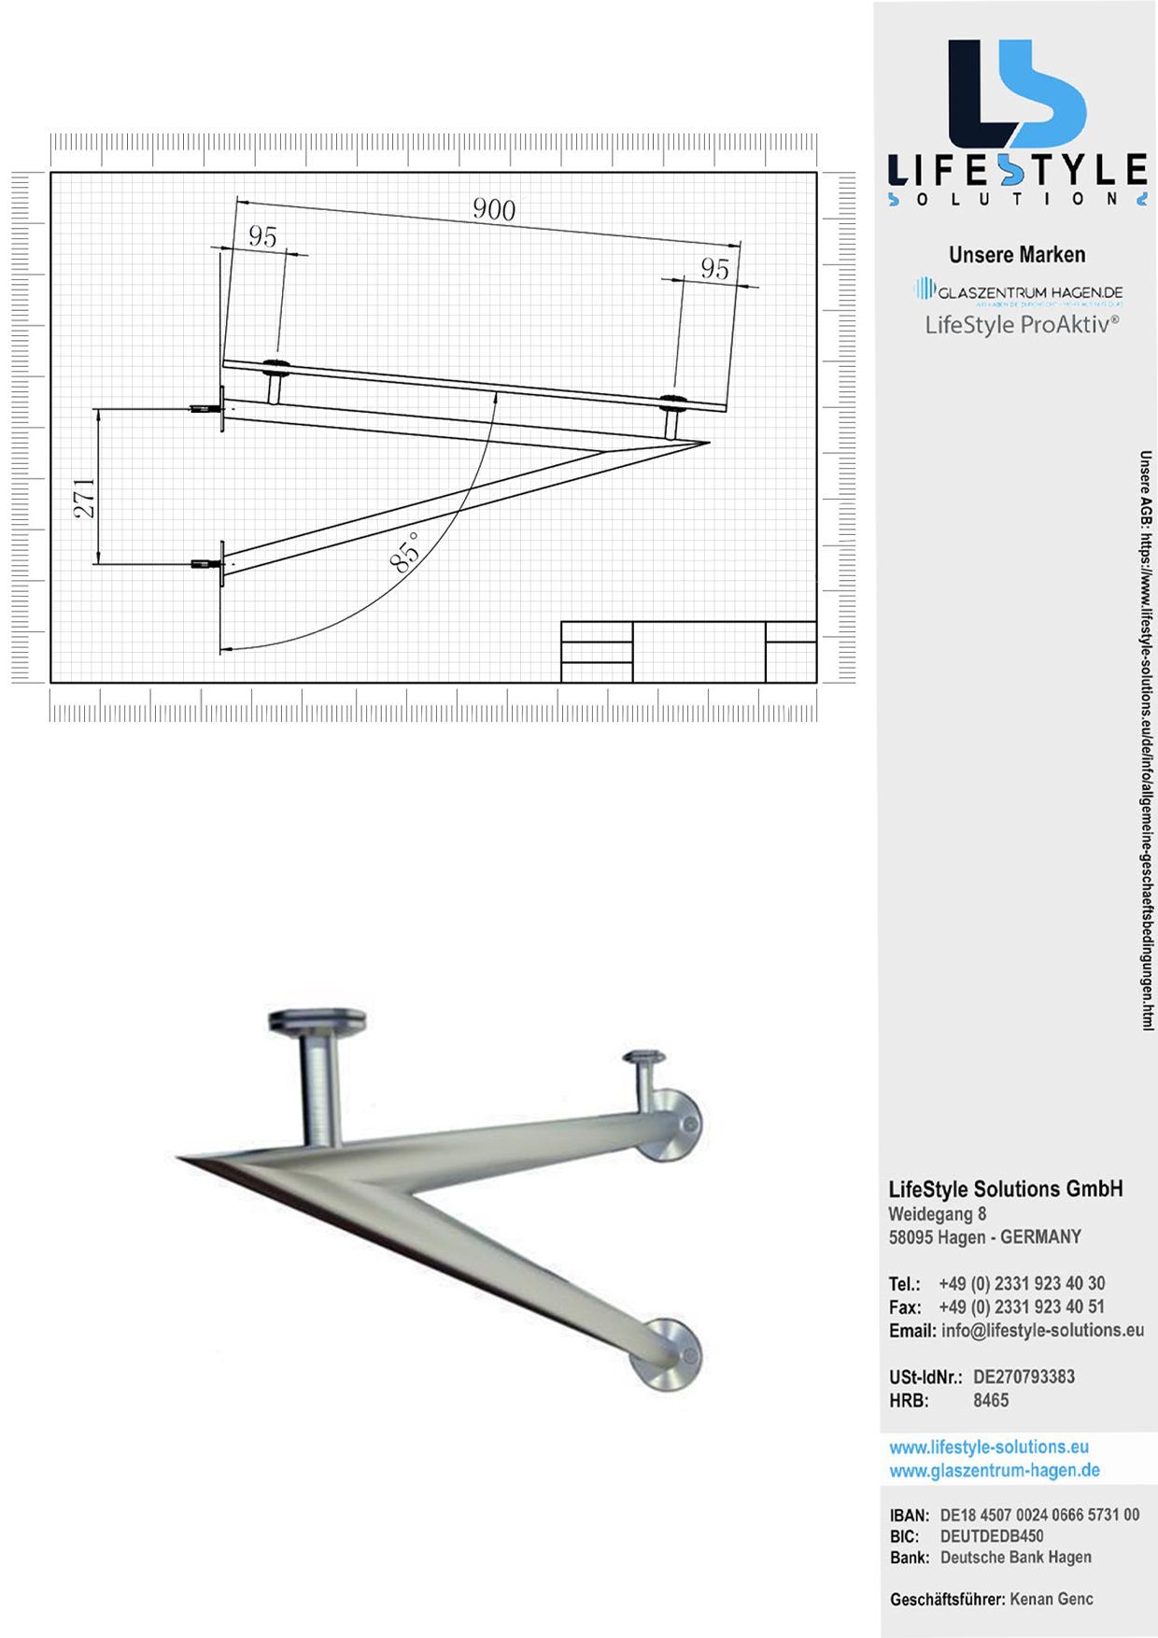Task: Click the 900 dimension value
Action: [x=494, y=209]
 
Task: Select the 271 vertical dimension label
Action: [x=84, y=498]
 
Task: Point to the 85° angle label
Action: [x=405, y=551]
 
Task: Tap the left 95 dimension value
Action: [x=262, y=237]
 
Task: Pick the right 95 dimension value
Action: [x=714, y=269]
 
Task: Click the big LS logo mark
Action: [x=1016, y=93]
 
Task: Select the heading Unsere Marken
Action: [x=1017, y=255]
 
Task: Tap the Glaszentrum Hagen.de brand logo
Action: [x=1018, y=292]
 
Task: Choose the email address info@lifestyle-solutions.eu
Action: [x=1042, y=1330]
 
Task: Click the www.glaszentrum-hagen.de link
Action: [x=995, y=1471]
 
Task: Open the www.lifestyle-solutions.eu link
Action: [x=989, y=1447]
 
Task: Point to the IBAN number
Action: [x=1039, y=1515]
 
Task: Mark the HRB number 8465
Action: [x=991, y=1400]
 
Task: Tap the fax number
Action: [x=1022, y=1306]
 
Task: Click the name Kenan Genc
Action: [x=1052, y=1599]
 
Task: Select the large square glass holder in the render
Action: [x=317, y=1023]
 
